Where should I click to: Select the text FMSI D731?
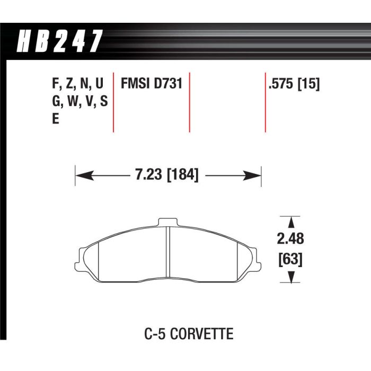click(152, 84)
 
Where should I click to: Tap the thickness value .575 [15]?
click(294, 84)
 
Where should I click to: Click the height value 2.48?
click(290, 238)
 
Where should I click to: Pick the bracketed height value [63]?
click(290, 259)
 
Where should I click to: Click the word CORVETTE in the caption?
click(201, 334)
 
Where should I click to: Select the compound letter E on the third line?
click(55, 119)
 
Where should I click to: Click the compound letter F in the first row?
click(55, 83)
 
